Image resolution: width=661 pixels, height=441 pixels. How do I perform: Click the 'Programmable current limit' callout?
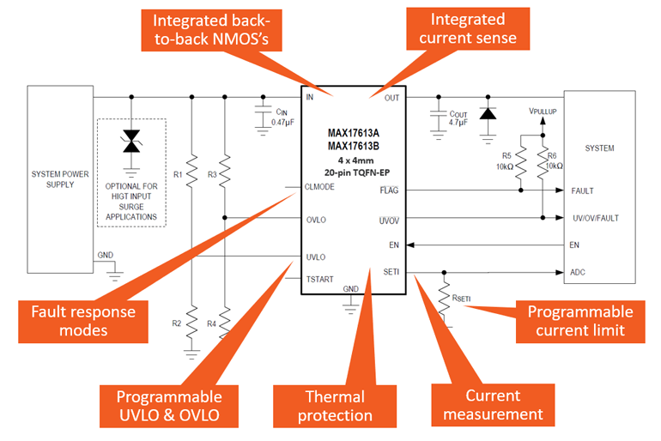(x=580, y=321)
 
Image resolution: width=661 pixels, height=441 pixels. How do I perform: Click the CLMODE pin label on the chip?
(x=320, y=190)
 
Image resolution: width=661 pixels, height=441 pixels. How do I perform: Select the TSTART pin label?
(x=319, y=279)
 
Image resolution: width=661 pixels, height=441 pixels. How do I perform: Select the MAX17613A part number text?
(x=352, y=134)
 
